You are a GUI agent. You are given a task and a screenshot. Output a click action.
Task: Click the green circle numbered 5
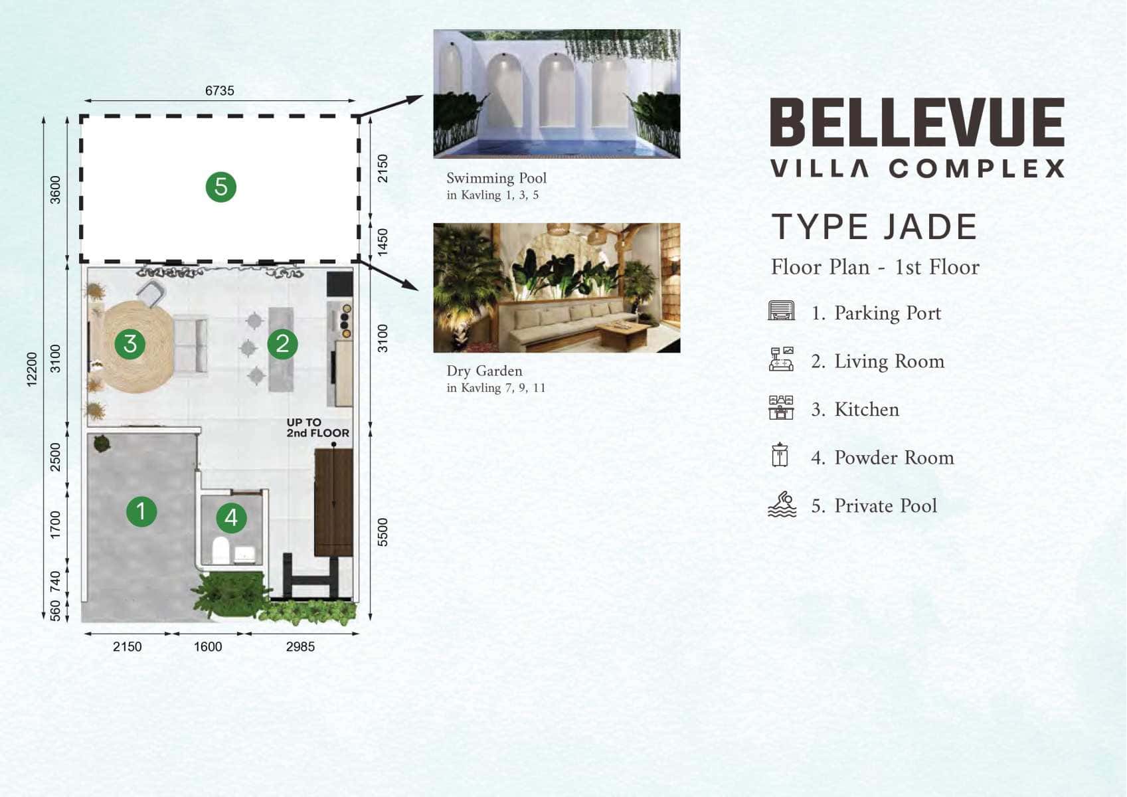[x=221, y=187]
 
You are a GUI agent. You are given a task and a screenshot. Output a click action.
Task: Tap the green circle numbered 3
[x=130, y=343]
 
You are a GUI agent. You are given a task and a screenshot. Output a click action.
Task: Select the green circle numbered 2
[x=282, y=343]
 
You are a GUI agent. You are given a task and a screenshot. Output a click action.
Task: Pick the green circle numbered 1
[x=141, y=511]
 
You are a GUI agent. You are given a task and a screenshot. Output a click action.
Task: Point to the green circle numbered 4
[x=231, y=517]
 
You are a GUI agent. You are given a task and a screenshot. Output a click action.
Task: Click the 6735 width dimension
[x=219, y=90]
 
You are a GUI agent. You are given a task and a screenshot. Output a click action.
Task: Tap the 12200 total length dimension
[x=32, y=370]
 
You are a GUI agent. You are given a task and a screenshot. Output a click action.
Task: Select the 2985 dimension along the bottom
[x=300, y=646]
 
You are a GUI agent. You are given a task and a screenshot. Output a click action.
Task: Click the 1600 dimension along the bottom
[x=208, y=646]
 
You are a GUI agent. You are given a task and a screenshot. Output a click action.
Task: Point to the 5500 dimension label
[x=383, y=533]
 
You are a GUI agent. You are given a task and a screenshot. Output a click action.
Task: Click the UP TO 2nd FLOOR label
[x=317, y=428]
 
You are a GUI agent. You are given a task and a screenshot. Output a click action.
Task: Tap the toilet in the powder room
[x=220, y=551]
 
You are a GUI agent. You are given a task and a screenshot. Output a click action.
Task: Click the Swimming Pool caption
[x=496, y=178]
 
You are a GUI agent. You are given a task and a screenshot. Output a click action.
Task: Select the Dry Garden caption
[x=485, y=371]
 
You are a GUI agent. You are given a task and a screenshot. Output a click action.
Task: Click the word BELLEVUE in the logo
[x=917, y=122]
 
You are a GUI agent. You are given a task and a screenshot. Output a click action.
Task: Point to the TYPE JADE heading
[x=875, y=227]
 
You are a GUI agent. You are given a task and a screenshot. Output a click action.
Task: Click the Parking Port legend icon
[x=782, y=310]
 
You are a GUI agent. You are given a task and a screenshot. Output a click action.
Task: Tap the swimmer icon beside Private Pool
[x=782, y=505]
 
